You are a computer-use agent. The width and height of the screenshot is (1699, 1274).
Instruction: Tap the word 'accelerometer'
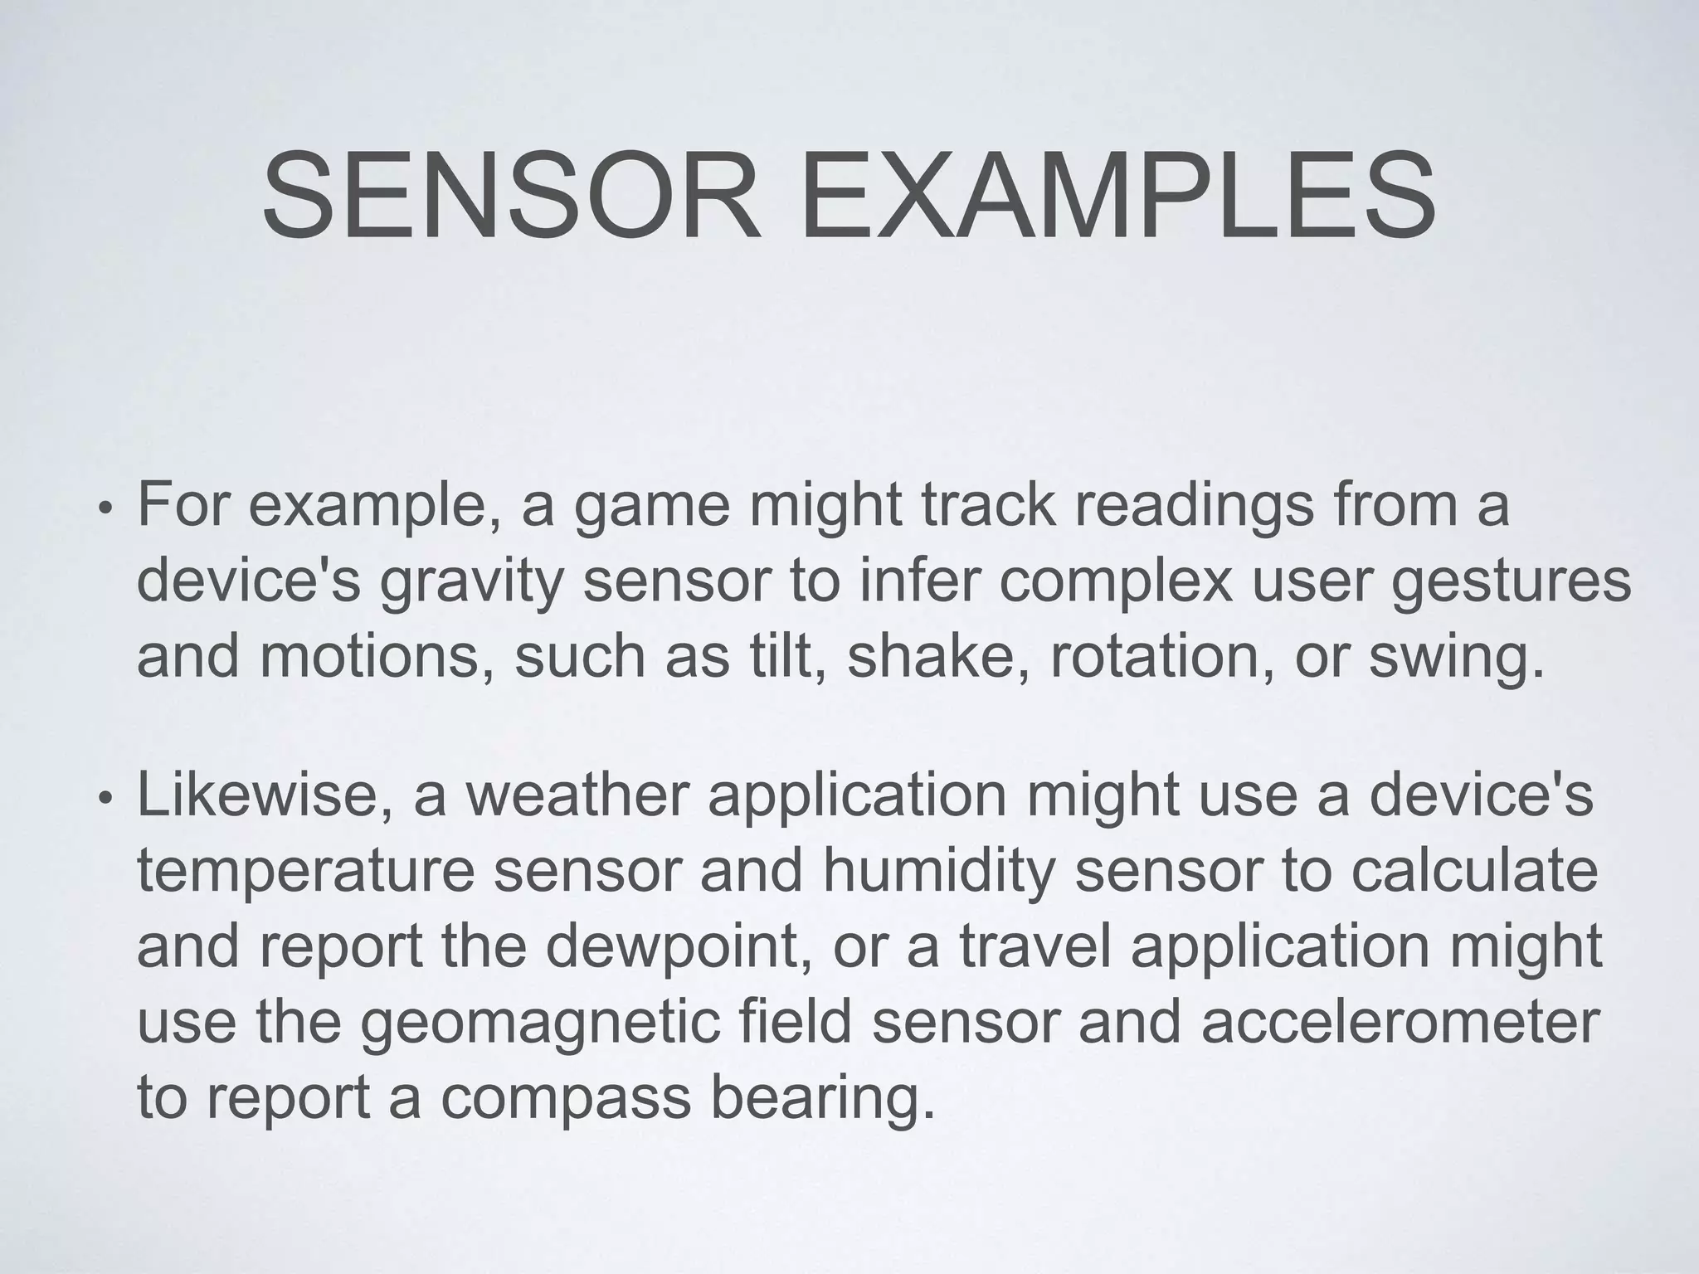tap(1400, 1021)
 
